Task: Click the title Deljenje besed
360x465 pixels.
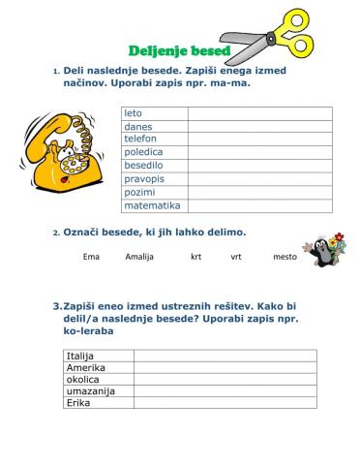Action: [x=179, y=50]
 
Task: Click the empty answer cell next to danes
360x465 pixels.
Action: [x=259, y=126]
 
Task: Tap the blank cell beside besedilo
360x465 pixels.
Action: [x=259, y=166]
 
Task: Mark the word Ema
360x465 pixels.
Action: [x=92, y=257]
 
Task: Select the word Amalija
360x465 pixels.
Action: [x=139, y=257]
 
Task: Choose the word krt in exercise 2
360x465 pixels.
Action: [x=196, y=257]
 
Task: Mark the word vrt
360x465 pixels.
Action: [x=236, y=257]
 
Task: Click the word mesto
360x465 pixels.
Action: [x=285, y=257]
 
